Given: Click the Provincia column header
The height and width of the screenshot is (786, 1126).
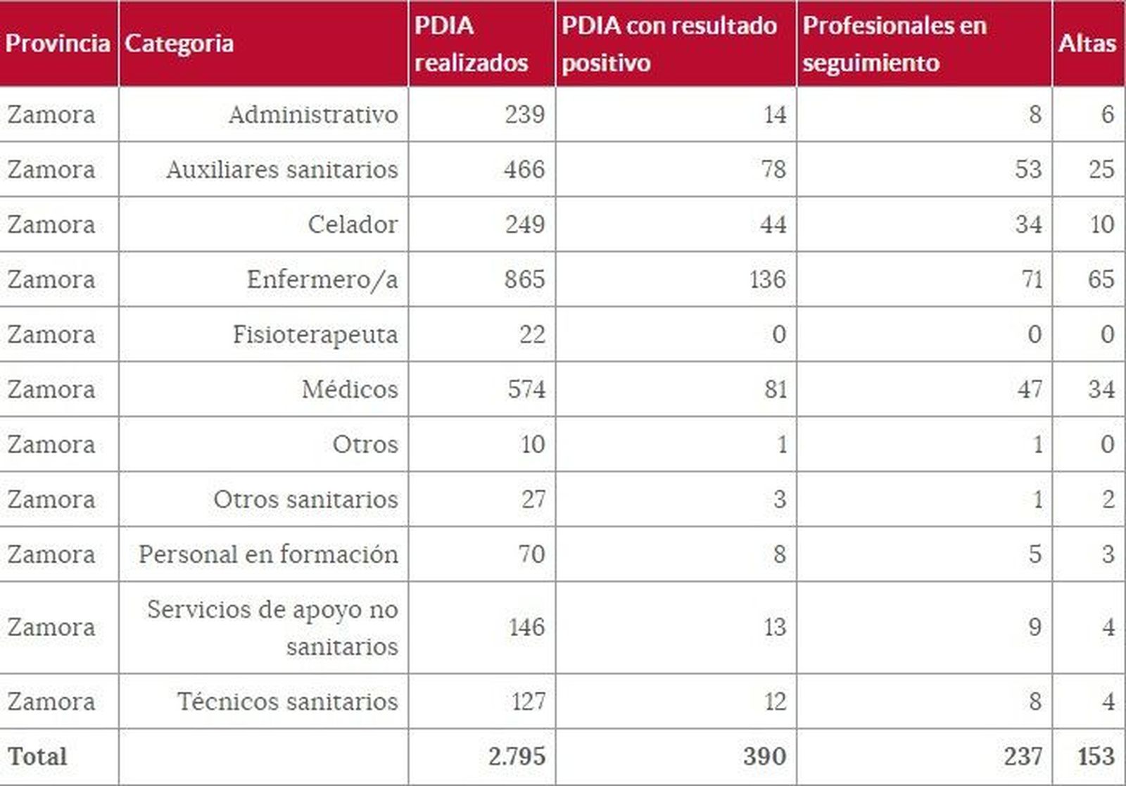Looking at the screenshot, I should (58, 44).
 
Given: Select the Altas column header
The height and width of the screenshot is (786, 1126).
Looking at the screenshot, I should (1087, 44).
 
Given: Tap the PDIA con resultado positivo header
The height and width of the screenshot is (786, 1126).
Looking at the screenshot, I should (669, 44).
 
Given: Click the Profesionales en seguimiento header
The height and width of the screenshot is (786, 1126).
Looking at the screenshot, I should (894, 44).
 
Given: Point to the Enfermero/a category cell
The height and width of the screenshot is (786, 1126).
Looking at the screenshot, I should (322, 279).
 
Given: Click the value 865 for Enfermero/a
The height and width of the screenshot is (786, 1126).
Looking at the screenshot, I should (524, 279).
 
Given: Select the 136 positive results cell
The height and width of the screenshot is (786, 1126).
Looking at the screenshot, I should (767, 279).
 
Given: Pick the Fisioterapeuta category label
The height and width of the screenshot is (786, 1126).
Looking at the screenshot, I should (315, 334).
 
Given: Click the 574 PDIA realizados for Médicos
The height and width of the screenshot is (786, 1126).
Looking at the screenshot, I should (526, 389).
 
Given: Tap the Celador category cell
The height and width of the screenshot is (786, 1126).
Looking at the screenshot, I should (353, 224).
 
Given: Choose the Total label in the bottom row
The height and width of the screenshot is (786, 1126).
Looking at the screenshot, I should (37, 756).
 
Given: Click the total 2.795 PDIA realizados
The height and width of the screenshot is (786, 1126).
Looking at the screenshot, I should (517, 756).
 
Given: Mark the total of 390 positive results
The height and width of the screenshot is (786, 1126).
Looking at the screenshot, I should (764, 756).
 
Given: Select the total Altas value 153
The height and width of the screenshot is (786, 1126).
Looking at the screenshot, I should (1096, 756).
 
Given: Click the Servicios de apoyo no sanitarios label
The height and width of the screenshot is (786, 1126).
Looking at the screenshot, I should (272, 627).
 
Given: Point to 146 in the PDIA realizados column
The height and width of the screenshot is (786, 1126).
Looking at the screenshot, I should (526, 627).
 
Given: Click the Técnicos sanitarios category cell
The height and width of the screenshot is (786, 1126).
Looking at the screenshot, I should (286, 702).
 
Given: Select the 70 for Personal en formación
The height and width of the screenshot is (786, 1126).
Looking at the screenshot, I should (531, 554).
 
